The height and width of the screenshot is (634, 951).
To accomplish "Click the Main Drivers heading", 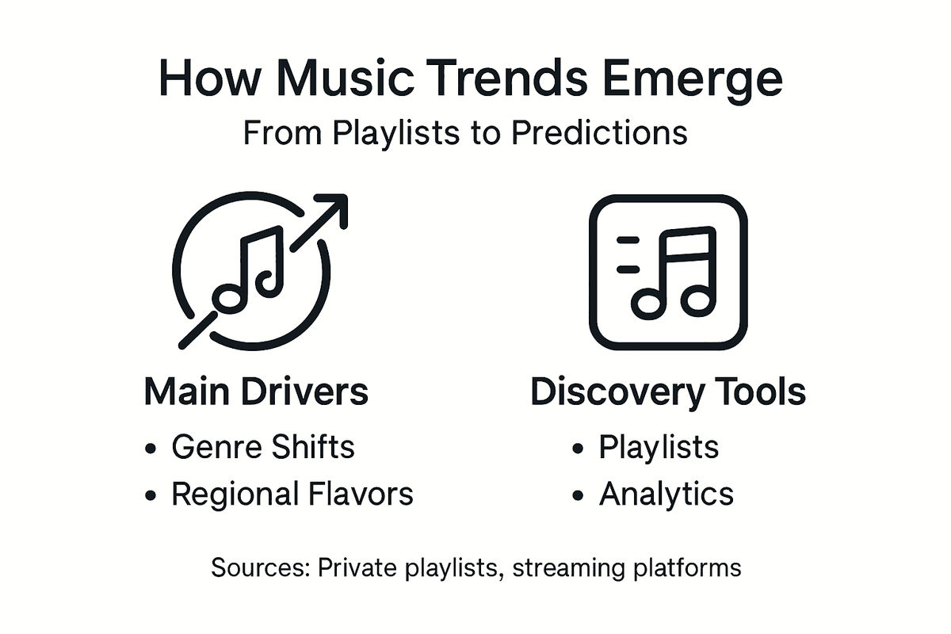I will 256,392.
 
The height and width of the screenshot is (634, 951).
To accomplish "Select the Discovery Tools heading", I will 667,392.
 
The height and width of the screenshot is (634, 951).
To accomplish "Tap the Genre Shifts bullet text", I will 263,448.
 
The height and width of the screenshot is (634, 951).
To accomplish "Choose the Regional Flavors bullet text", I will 292,495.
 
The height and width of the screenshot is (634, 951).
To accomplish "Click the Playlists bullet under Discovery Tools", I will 659,448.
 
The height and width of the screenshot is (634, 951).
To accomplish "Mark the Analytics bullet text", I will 666,495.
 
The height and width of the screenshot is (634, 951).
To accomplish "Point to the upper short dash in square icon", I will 628,239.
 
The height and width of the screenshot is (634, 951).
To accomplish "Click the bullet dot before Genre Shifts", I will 151,449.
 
